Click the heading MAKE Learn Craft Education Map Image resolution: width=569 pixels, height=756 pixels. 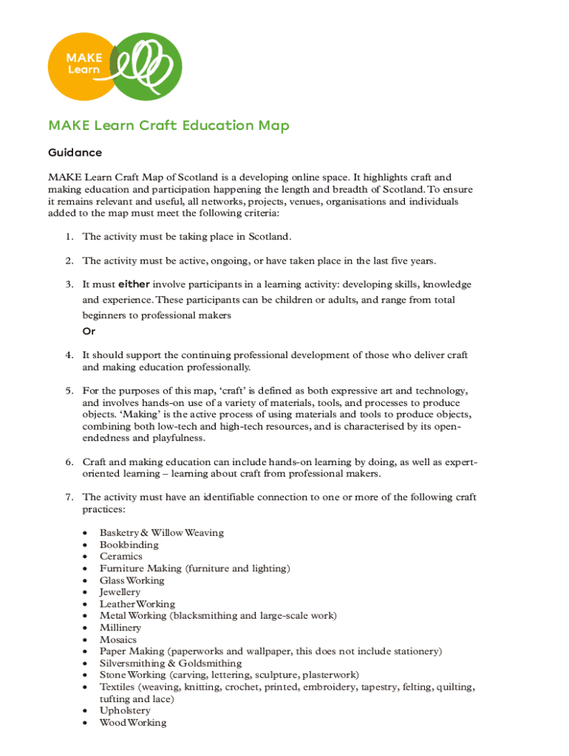coord(168,126)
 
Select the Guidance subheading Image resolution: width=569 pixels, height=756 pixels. coord(75,153)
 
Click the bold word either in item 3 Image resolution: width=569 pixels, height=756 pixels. coord(134,284)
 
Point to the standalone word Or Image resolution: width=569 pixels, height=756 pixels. coord(89,331)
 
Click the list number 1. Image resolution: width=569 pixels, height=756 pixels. coord(67,237)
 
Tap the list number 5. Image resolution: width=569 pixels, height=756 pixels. coord(67,391)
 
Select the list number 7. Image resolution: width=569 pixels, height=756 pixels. coord(67,497)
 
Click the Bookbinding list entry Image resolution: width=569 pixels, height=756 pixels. coord(129,545)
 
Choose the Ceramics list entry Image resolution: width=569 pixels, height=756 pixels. coord(121,557)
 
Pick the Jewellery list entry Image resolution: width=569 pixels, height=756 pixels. coord(120,592)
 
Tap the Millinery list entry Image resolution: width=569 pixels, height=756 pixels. coord(120,628)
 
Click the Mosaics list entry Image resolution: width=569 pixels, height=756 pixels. coord(118,639)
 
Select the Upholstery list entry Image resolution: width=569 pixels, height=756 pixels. coord(125,711)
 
